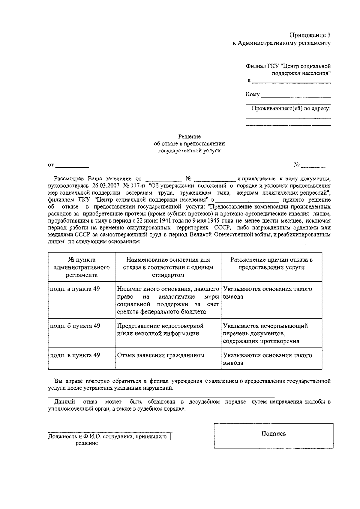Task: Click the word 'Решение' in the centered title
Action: tap(189, 137)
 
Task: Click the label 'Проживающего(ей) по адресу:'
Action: tap(291, 108)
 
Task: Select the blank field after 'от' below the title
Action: tap(72, 165)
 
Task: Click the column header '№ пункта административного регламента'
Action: tap(82, 267)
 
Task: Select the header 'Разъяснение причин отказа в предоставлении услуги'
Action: tap(271, 263)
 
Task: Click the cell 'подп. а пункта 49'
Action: tap(75, 289)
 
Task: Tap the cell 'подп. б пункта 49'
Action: tap(75, 326)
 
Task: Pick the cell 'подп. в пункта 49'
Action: tap(75, 355)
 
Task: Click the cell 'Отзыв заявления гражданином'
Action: tap(160, 355)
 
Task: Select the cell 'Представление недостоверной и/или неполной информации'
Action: tap(160, 330)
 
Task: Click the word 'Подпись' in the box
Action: tap(273, 434)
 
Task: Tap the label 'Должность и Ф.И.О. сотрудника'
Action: tap(107, 437)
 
